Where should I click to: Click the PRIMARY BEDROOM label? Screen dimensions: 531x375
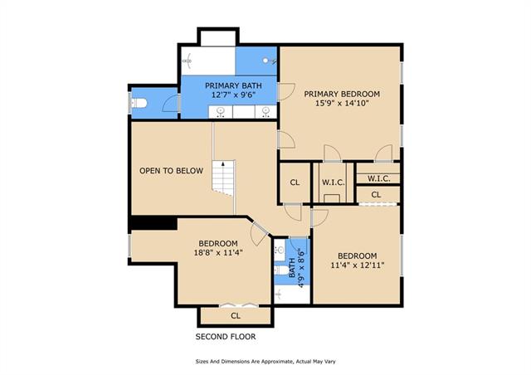[x=342, y=94]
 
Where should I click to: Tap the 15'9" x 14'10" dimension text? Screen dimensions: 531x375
[x=342, y=103]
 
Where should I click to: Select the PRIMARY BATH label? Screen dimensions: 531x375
[x=233, y=85]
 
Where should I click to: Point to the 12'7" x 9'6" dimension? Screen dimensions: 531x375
[x=233, y=95]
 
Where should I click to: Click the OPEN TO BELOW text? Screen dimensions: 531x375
[x=172, y=171]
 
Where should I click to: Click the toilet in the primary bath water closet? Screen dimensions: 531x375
[x=139, y=103]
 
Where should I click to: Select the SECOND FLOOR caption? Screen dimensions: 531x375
[x=226, y=337]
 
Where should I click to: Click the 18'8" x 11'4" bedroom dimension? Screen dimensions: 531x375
[x=218, y=252]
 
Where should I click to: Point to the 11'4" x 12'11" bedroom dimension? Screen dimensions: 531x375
[x=358, y=265]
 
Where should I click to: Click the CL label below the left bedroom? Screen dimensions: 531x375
[x=236, y=316]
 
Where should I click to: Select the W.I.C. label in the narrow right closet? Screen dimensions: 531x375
[x=379, y=178]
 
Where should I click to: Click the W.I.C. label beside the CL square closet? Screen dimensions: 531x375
[x=334, y=183]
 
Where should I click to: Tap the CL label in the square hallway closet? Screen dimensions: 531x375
[x=295, y=183]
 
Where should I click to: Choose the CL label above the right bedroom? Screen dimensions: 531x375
[x=376, y=195]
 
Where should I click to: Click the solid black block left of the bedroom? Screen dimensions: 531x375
[x=153, y=223]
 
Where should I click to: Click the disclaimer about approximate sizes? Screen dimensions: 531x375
[x=265, y=362]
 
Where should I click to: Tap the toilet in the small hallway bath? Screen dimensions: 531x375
[x=281, y=270]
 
